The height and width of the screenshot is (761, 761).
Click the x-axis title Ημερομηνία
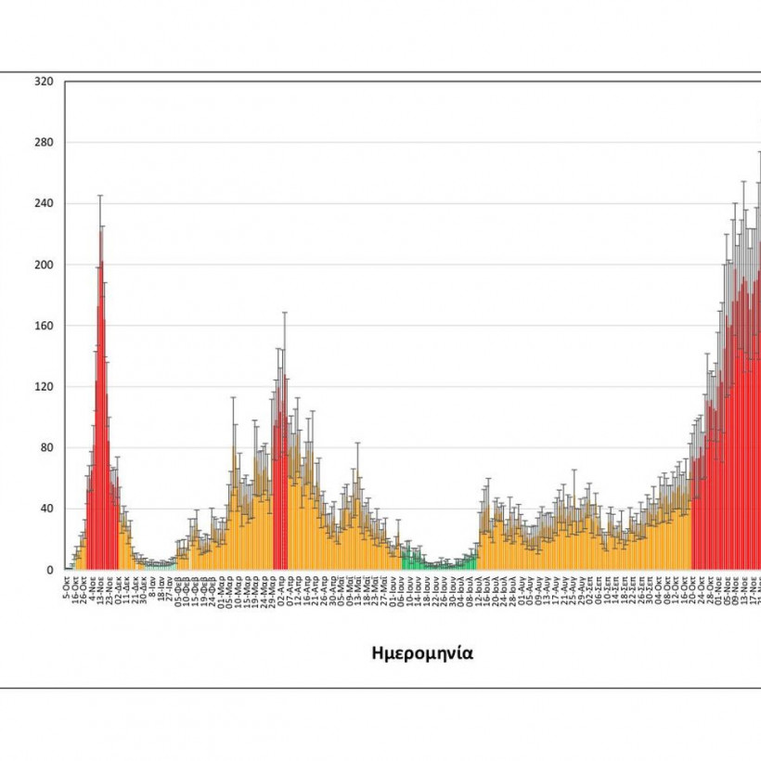[422, 652]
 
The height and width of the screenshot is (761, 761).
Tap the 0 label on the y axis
[51, 570]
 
